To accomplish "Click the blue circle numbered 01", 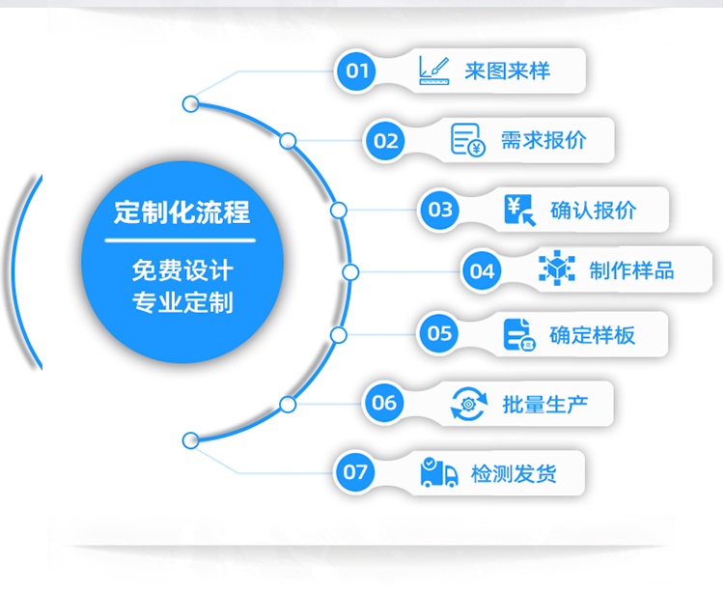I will (357, 71).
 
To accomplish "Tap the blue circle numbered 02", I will (385, 141).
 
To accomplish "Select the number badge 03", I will (440, 210).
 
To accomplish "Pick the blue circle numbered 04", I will (481, 271).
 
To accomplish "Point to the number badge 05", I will (440, 334).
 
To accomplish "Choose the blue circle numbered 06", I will (384, 403).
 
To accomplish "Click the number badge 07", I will (355, 472).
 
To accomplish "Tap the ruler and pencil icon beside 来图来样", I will (434, 70).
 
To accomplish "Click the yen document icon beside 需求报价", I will (468, 140).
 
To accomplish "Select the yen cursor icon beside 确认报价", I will (519, 210).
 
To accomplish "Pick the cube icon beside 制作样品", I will (556, 269).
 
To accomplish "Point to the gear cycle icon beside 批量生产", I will (469, 403).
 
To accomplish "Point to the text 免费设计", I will (181, 269).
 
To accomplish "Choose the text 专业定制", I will (181, 302).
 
